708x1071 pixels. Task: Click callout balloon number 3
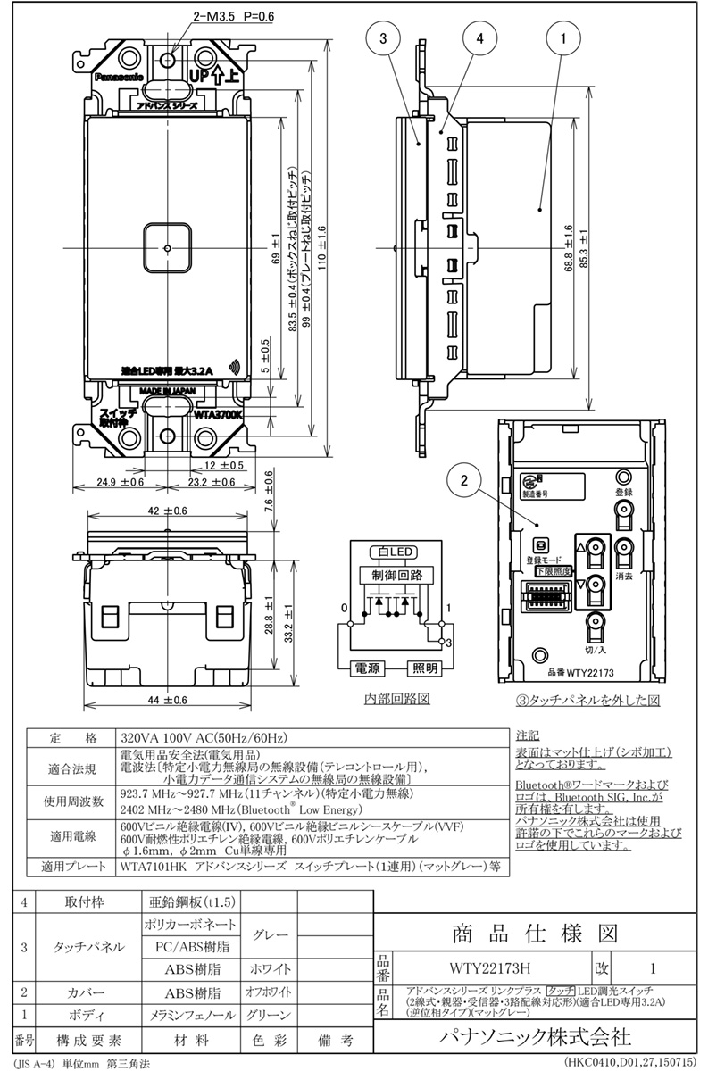[383, 39]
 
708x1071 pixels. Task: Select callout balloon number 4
[479, 39]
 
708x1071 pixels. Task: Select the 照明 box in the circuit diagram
[425, 668]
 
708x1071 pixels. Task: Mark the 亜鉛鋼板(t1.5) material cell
[188, 902]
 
